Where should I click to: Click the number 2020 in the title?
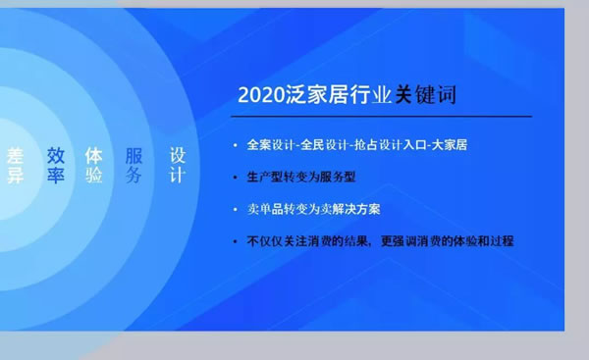pos(262,96)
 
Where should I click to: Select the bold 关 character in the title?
pos(403,96)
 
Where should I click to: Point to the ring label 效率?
pos(56,166)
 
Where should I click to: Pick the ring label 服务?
pos(134,166)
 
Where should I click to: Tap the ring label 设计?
pos(177,166)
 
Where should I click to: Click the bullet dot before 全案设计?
pos(233,146)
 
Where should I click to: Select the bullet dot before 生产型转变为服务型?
pos(233,178)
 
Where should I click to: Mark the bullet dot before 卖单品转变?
pos(233,209)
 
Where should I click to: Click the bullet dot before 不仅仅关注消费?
pos(233,240)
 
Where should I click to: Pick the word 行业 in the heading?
pos(370,96)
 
